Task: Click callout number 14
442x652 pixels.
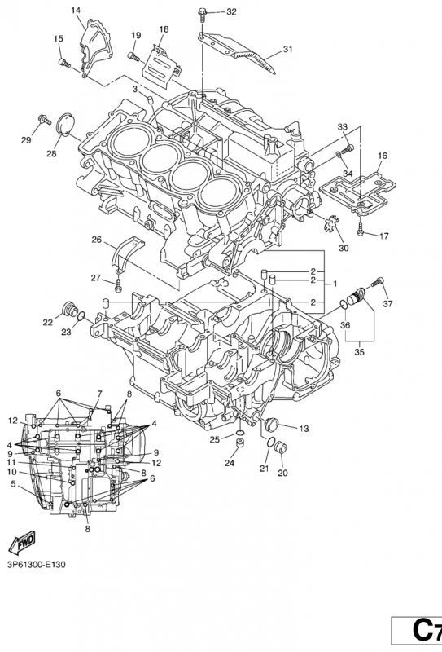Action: click(77, 10)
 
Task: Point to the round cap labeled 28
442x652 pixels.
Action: click(63, 126)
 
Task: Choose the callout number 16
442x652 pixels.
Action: click(382, 155)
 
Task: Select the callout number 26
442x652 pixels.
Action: click(96, 240)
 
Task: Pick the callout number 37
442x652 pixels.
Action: click(387, 304)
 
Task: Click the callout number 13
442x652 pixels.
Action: click(303, 429)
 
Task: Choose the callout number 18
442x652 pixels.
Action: click(164, 29)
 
